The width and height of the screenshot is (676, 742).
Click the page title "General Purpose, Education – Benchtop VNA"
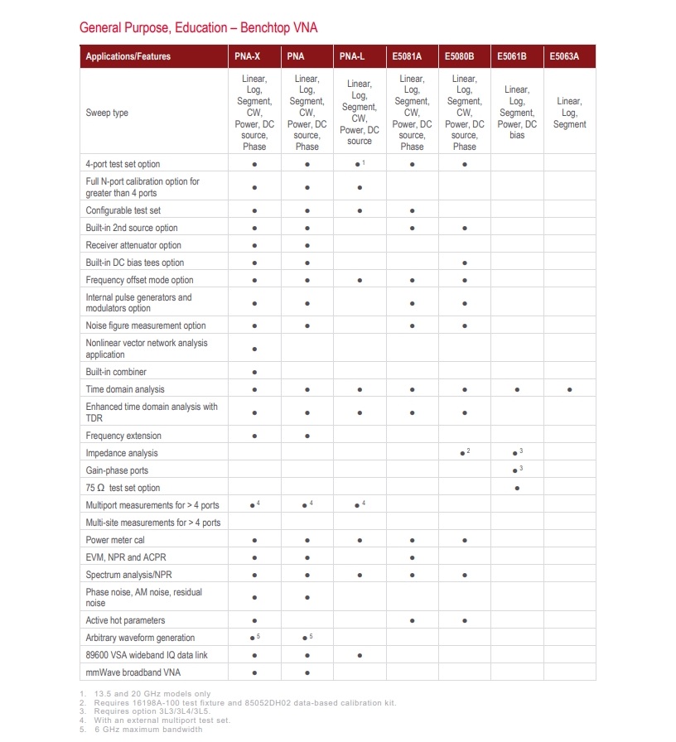[x=198, y=28]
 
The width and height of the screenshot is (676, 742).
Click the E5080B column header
[x=459, y=56]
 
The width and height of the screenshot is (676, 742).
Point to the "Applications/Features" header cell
[x=128, y=56]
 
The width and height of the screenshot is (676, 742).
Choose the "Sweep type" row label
[x=107, y=113]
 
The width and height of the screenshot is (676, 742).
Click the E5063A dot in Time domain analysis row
[x=570, y=389]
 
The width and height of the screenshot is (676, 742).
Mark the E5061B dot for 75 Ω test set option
[x=517, y=488]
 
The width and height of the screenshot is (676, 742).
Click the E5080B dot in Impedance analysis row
[x=462, y=454]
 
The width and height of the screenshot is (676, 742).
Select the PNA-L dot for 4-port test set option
[x=357, y=165]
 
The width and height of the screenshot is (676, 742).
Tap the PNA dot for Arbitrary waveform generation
[x=305, y=638]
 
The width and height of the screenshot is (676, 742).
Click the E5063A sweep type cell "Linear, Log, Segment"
[x=569, y=113]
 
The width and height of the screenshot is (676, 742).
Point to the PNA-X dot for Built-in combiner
[x=254, y=372]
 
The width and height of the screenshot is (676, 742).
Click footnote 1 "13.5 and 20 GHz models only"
[x=149, y=694]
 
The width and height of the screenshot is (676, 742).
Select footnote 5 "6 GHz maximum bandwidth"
[x=145, y=729]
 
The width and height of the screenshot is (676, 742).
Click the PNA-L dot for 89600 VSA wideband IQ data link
[x=360, y=655]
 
